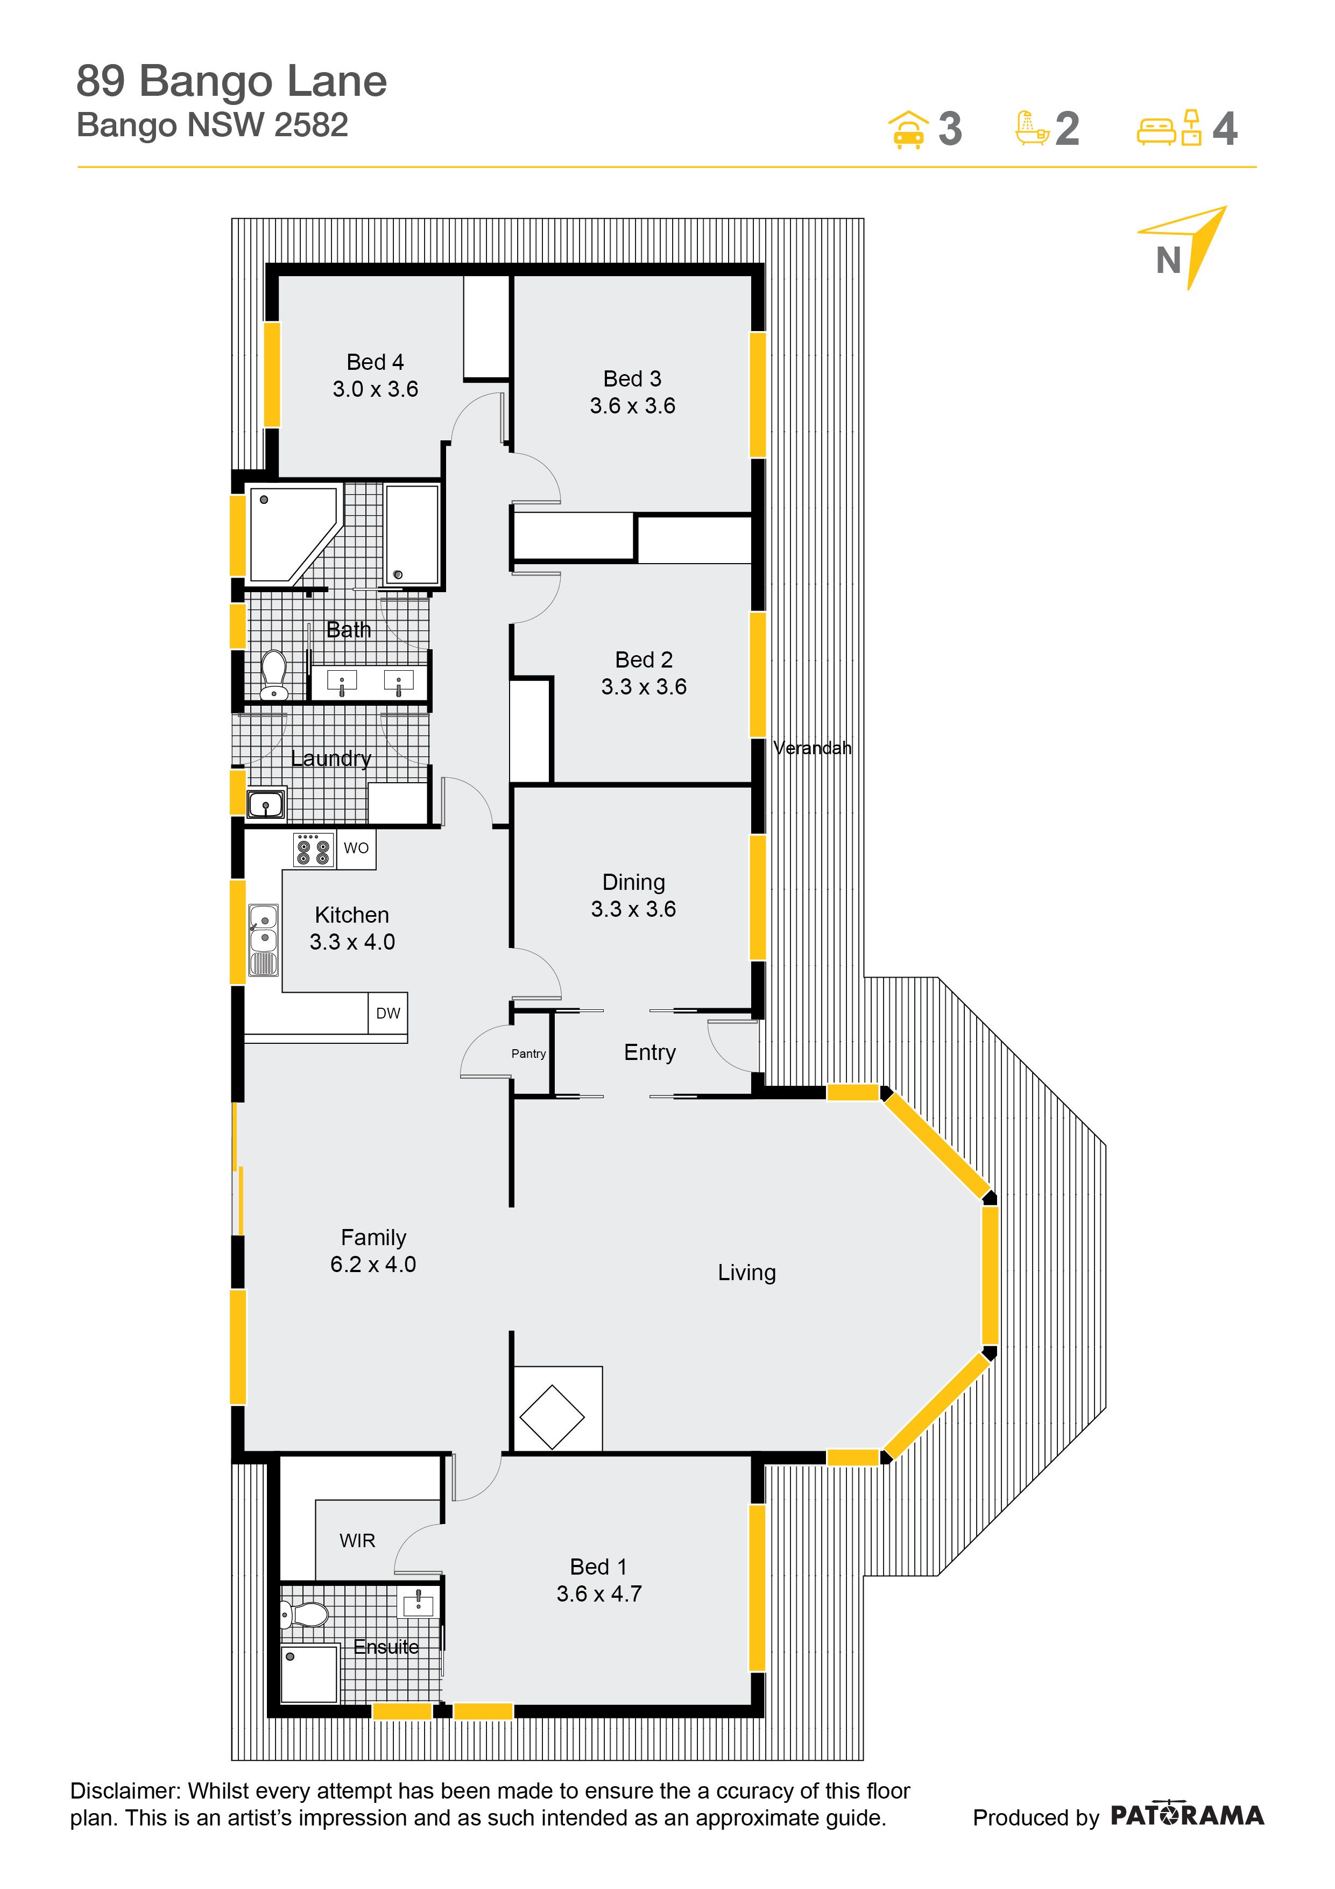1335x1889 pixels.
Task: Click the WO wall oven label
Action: point(356,848)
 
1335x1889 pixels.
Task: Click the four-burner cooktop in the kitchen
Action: point(313,849)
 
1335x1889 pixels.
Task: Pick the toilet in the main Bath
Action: point(274,675)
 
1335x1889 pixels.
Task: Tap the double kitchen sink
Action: point(263,939)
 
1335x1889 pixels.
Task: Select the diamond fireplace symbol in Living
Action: point(552,1417)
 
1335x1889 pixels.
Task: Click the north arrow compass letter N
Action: point(1168,261)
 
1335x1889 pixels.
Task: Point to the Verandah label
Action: point(812,748)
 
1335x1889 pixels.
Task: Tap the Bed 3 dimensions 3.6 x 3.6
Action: point(633,405)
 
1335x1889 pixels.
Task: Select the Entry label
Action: point(650,1052)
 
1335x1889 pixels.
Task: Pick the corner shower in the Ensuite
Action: point(309,1674)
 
